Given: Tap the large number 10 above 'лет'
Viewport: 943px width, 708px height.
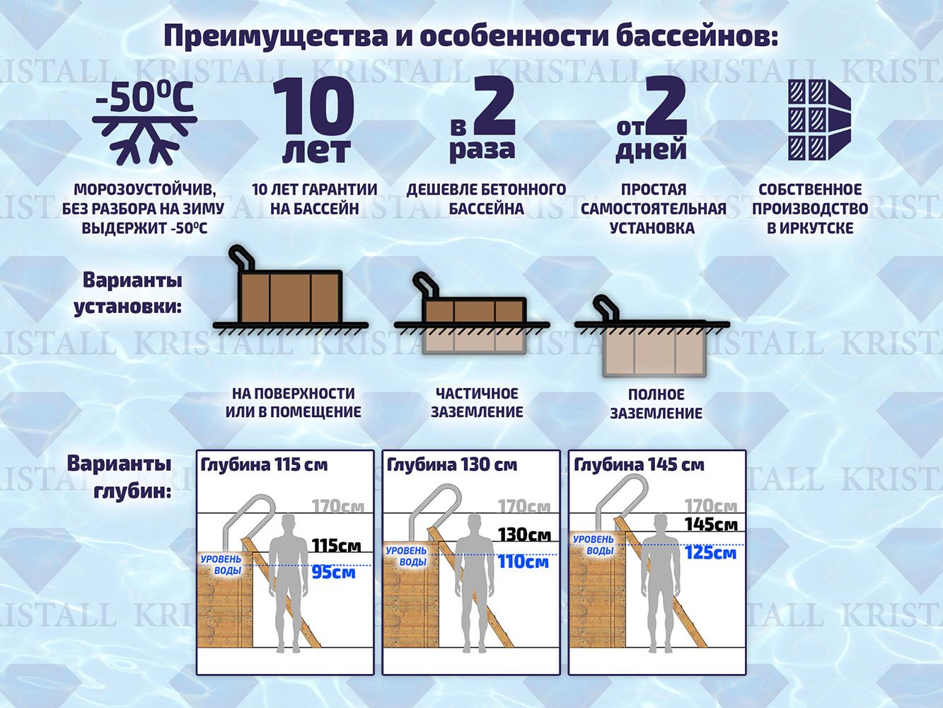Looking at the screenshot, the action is point(313,106).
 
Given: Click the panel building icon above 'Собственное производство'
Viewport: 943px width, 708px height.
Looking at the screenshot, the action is point(818,120).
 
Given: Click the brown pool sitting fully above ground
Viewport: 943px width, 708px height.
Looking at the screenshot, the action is point(290,297).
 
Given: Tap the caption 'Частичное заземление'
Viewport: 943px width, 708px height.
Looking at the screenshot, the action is point(477,402).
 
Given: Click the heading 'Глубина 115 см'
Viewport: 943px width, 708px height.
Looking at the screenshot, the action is point(264,464).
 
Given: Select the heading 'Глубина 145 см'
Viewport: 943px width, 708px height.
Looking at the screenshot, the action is point(640,464).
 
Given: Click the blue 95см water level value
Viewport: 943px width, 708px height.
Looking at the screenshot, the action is point(334,573).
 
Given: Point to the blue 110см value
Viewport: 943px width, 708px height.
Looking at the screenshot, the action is point(523,562).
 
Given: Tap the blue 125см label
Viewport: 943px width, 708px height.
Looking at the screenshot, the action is point(710,552).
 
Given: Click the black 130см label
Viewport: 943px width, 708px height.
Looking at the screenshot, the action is point(525,535).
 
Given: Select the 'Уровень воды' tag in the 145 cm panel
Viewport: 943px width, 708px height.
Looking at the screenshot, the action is point(594,545).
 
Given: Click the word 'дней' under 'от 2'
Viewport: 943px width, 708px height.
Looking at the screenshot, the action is point(652,151).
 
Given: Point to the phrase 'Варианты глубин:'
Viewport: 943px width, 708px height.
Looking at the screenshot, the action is point(119,477).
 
